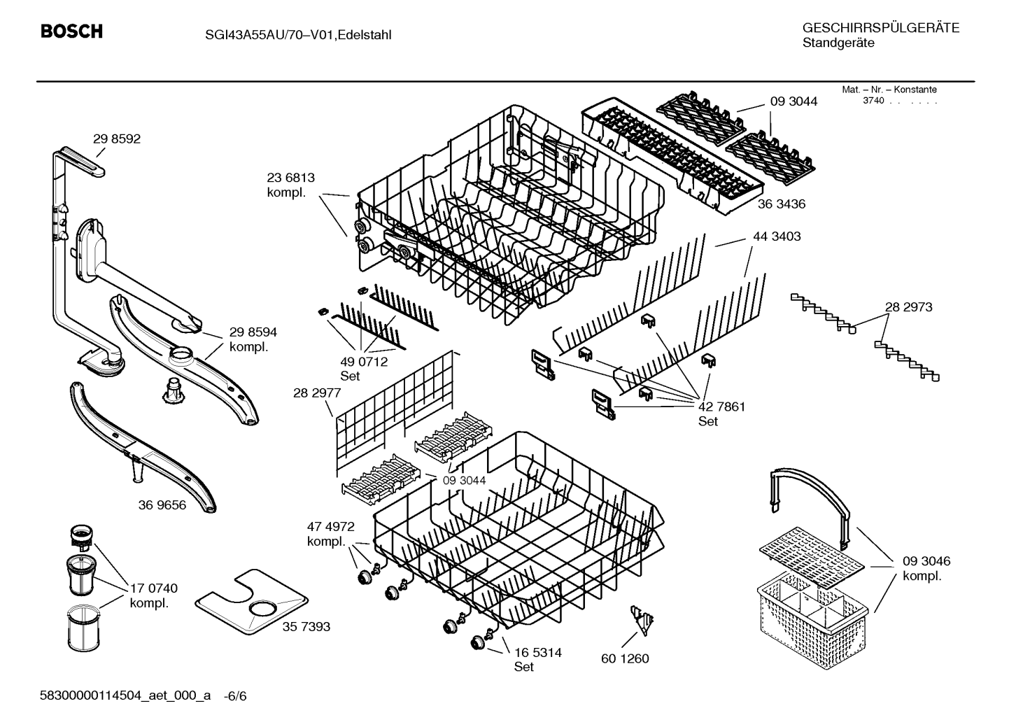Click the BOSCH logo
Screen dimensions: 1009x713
[71, 31]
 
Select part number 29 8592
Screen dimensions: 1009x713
[117, 139]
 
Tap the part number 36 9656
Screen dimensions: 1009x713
[162, 505]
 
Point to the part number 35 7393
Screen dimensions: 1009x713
[306, 626]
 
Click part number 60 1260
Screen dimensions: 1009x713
[626, 658]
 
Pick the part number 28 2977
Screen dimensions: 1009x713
[317, 393]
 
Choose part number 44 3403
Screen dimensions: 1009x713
[777, 237]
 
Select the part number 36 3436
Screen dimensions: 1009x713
[782, 204]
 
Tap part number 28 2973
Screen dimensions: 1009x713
[909, 307]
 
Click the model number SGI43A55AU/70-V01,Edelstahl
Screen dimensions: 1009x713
[298, 35]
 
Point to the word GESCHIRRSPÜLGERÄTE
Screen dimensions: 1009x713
[881, 28]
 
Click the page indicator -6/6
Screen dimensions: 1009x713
[235, 696]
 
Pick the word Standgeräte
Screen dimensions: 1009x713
[839, 43]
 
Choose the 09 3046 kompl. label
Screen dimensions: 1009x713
[926, 568]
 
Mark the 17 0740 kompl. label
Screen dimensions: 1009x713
[154, 595]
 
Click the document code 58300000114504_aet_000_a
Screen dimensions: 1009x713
[125, 696]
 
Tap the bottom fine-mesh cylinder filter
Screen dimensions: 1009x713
[84, 628]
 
